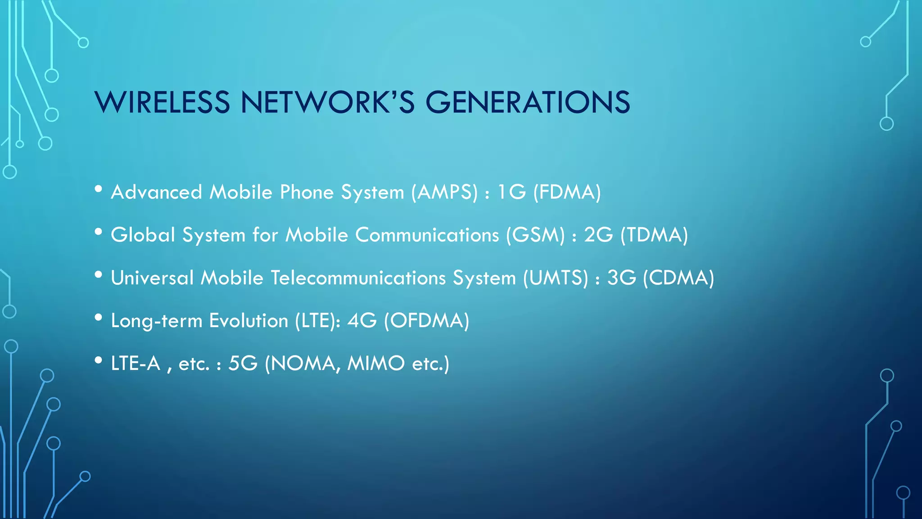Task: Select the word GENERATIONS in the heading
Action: coord(528,102)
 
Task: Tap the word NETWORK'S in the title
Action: coord(327,102)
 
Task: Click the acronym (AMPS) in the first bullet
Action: coord(444,192)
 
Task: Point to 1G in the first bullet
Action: coord(511,192)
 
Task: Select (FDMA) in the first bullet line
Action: coord(567,192)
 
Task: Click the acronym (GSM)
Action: coord(535,235)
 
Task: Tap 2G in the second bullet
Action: coord(598,235)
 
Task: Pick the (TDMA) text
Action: coord(654,235)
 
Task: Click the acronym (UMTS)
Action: coord(556,278)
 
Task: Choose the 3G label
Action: coord(622,278)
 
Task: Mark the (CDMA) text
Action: coord(678,278)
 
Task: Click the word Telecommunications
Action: coord(358,278)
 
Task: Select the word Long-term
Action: coord(156,321)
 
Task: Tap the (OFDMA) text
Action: coord(426,321)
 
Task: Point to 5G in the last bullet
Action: coord(243,364)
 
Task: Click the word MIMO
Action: coord(376,364)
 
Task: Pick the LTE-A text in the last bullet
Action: coord(136,364)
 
